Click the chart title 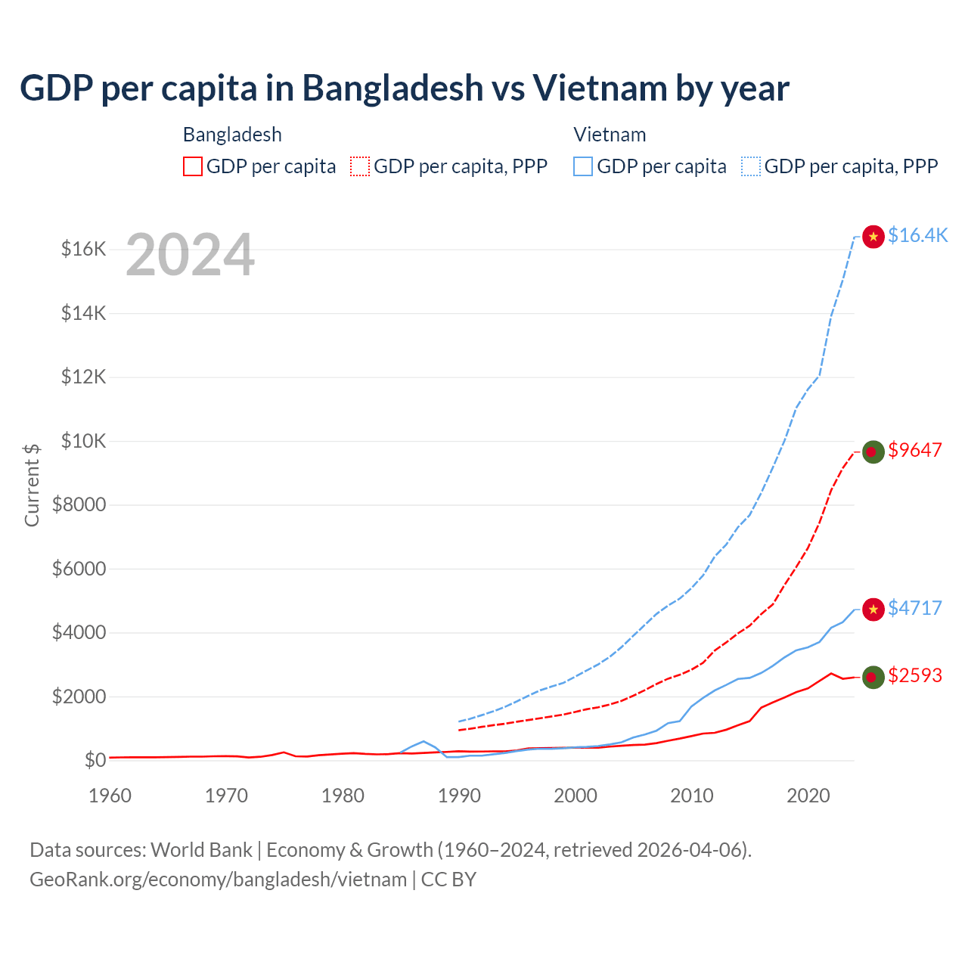click(405, 88)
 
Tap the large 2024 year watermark click(190, 255)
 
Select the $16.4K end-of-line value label click(917, 236)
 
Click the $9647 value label click(915, 451)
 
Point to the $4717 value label click(915, 608)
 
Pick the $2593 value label click(915, 675)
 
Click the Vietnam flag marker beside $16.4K click(873, 237)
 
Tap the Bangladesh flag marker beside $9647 click(873, 451)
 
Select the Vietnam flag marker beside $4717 click(873, 609)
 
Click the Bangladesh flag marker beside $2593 click(873, 677)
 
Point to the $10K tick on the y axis click(83, 441)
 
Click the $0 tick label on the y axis click(95, 760)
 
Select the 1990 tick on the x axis click(459, 796)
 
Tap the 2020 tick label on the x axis click(808, 796)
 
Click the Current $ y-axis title click(32, 485)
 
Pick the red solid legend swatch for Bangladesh click(193, 166)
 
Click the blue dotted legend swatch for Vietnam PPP click(751, 166)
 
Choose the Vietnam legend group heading click(610, 135)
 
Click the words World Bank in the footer click(201, 850)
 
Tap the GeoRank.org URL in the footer click(218, 880)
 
